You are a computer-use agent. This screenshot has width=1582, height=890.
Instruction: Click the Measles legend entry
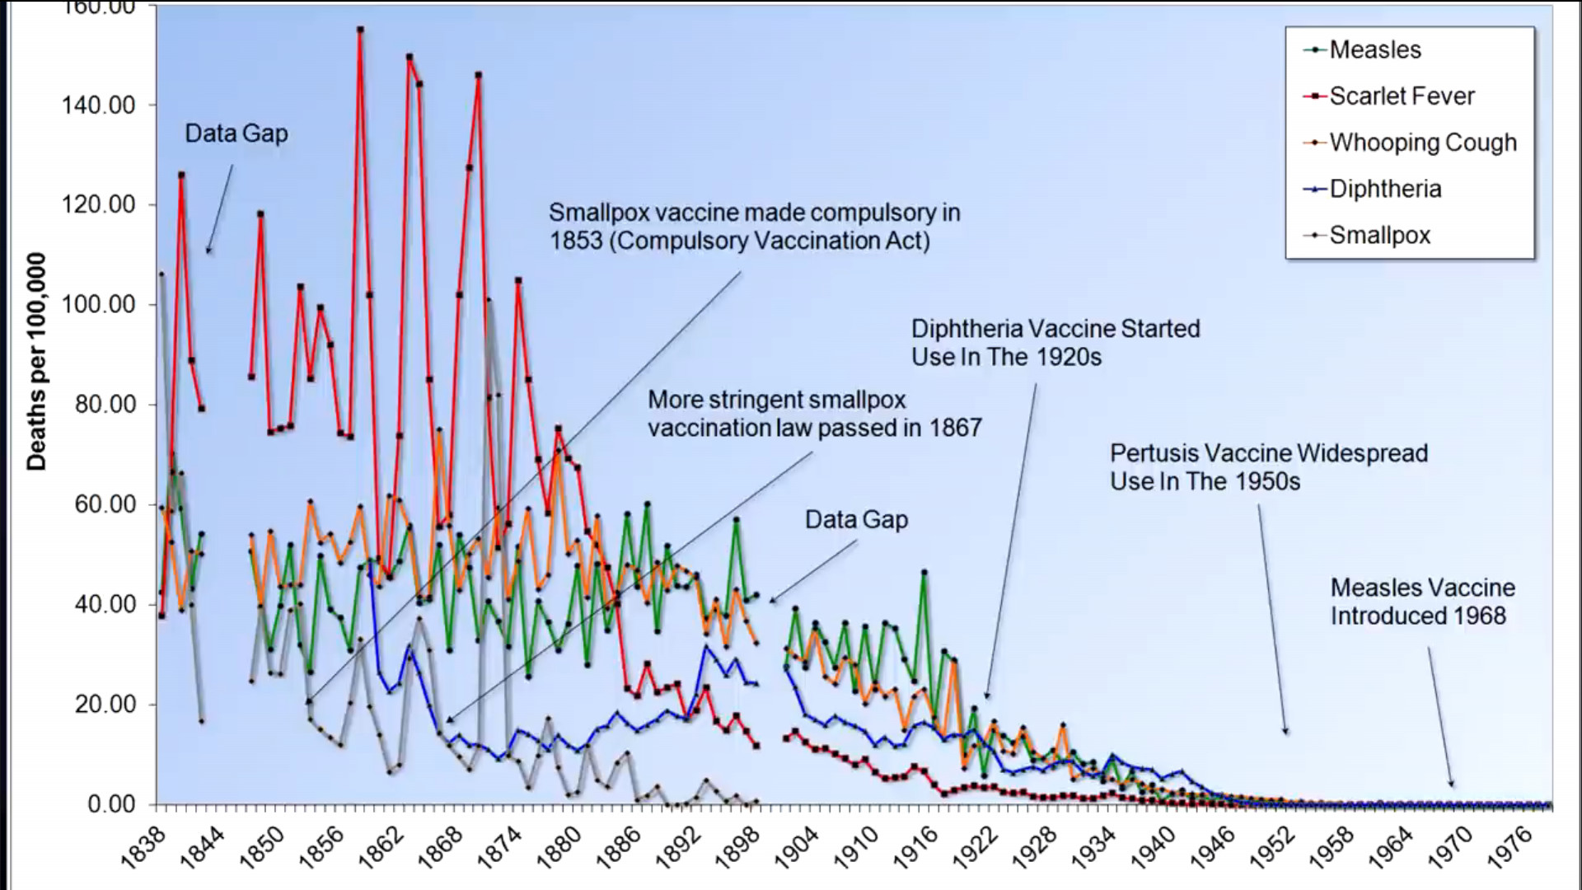click(x=1374, y=49)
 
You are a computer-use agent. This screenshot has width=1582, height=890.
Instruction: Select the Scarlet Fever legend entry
click(x=1401, y=96)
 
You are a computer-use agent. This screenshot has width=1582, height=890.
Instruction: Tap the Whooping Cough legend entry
click(x=1422, y=143)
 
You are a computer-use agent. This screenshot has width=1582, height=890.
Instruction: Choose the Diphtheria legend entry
click(x=1385, y=189)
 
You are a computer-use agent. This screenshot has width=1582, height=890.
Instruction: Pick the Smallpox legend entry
click(x=1379, y=235)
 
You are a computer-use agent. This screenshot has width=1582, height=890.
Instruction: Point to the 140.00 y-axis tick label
click(x=98, y=105)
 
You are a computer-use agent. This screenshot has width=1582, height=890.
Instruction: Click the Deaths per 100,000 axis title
click(x=36, y=362)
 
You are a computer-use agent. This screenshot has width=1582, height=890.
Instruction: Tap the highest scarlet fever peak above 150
click(x=360, y=30)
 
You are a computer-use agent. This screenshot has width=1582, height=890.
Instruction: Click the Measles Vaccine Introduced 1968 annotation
click(x=1422, y=602)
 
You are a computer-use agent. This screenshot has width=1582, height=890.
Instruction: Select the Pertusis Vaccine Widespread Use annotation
click(x=1268, y=467)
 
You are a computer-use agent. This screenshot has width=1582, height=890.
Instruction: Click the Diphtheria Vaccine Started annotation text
click(x=1055, y=343)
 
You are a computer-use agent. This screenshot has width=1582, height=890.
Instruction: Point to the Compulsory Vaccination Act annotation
click(x=754, y=227)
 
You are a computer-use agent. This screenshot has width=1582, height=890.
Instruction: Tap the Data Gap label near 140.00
click(x=236, y=133)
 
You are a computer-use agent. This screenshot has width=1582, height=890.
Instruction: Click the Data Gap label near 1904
click(x=856, y=519)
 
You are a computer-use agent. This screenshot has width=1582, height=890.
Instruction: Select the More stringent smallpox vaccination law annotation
click(x=814, y=414)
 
